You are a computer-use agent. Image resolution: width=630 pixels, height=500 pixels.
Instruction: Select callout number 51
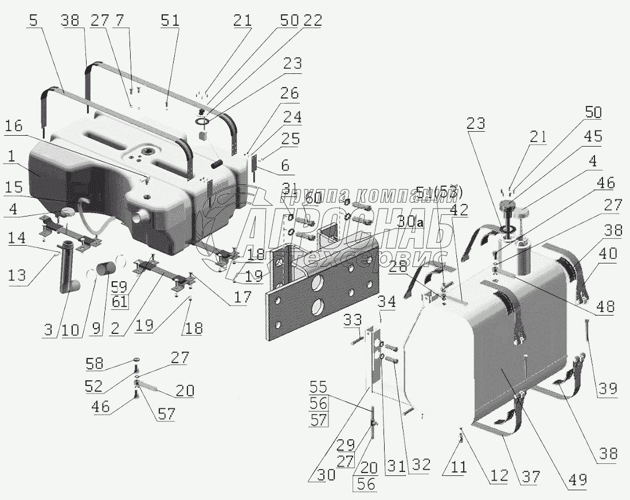coord(170,21)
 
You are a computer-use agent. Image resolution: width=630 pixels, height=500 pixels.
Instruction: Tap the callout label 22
coord(313,21)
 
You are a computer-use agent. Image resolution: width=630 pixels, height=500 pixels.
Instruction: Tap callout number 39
coord(608,389)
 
